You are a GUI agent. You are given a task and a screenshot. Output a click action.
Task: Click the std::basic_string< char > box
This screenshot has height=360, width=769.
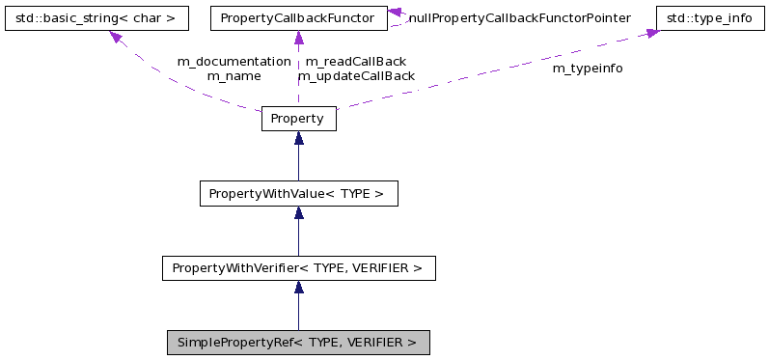[95, 18]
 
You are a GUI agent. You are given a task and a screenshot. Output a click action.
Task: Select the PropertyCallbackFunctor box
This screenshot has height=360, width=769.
[298, 18]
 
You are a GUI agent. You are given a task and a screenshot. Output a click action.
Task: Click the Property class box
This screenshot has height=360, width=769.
[298, 119]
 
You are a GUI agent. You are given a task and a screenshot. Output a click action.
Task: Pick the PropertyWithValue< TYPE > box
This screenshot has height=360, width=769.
[298, 193]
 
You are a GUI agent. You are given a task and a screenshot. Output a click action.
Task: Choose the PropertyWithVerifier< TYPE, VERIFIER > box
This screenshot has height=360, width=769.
[298, 267]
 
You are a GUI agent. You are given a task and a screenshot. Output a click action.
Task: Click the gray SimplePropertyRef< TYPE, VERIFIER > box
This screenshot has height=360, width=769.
[297, 342]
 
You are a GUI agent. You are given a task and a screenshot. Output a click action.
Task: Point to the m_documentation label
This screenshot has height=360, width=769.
[233, 61]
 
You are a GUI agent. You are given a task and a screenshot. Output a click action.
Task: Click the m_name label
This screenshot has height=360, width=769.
[233, 75]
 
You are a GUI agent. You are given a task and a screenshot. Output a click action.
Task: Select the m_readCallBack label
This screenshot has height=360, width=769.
[355, 61]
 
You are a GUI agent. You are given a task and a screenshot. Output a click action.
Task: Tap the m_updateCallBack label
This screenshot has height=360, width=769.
[355, 75]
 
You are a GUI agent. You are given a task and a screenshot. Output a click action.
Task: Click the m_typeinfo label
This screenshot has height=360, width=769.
[587, 69]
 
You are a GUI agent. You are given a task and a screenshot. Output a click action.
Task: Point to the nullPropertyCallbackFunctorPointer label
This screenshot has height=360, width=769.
[519, 18]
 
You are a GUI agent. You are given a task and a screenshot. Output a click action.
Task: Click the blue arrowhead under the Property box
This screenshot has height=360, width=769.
[298, 138]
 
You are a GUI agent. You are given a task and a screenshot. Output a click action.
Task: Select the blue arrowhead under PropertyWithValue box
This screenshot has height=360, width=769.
[298, 212]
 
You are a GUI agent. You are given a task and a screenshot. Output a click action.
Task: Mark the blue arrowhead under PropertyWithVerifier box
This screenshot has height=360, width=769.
[298, 287]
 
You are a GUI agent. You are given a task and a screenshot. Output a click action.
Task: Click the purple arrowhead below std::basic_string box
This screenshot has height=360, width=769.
[116, 37]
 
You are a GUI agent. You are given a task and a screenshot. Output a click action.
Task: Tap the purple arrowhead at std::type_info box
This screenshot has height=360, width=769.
[651, 34]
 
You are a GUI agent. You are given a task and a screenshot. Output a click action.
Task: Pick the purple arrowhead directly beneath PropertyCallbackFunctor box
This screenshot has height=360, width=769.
[298, 38]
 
